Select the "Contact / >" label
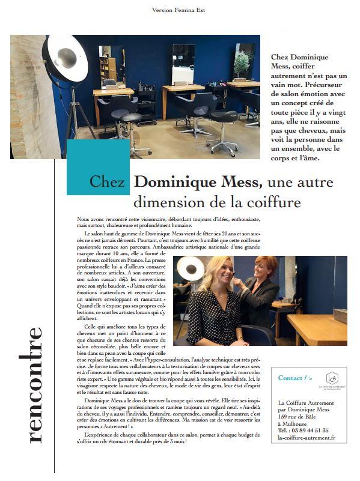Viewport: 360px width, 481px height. coord(295,378)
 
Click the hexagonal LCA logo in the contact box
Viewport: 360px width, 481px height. coord(331,378)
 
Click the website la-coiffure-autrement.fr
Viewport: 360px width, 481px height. coord(307,455)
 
